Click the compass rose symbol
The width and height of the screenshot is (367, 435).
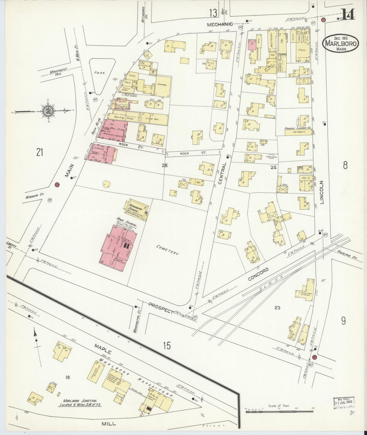click(x=47, y=111)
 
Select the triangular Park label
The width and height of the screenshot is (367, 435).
click(x=100, y=73)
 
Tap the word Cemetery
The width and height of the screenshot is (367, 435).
click(x=168, y=249)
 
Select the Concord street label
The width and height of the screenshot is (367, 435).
click(x=258, y=275)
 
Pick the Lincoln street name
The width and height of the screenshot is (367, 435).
click(x=322, y=192)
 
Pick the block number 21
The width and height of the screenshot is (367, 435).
click(x=39, y=152)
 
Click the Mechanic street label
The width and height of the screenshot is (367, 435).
click(x=220, y=24)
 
